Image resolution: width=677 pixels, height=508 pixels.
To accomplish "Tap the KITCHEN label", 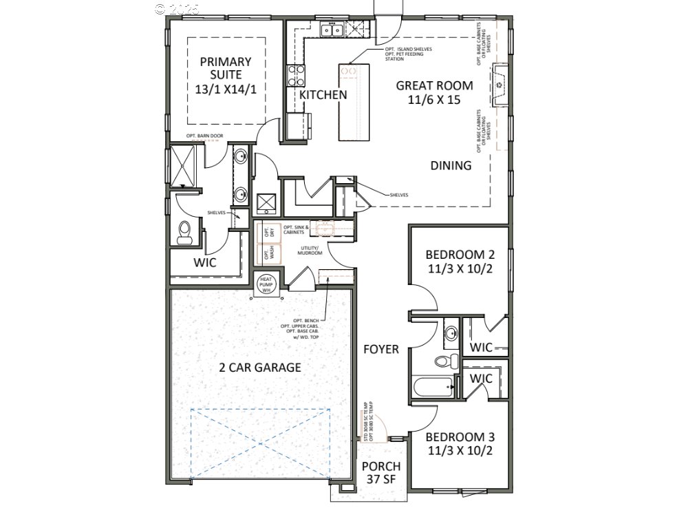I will pyautogui.click(x=323, y=95).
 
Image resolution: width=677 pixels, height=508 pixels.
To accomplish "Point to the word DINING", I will pyautogui.click(x=451, y=165).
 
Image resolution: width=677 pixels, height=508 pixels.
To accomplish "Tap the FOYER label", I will pyautogui.click(x=381, y=350).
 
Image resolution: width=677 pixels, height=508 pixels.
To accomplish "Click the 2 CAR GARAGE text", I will pyautogui.click(x=260, y=368).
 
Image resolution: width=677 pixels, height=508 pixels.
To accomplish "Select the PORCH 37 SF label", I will pyautogui.click(x=381, y=473).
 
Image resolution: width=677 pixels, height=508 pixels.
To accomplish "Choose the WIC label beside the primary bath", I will pyautogui.click(x=205, y=262).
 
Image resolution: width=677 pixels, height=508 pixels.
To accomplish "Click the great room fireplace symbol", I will pyautogui.click(x=500, y=84).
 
